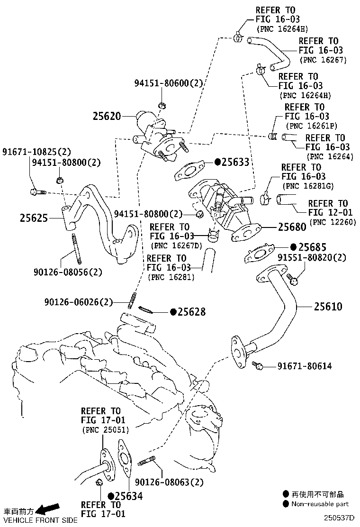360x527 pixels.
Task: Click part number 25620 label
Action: pyautogui.click(x=107, y=116)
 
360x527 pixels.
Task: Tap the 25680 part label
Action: pyautogui.click(x=292, y=227)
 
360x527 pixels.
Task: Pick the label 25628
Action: pyautogui.click(x=192, y=312)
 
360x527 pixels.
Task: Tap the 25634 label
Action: pyautogui.click(x=128, y=496)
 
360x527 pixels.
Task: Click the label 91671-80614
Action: pyautogui.click(x=304, y=366)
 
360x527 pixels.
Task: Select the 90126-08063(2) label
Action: pyautogui.click(x=169, y=482)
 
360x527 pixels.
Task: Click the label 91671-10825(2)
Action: pyautogui.click(x=36, y=152)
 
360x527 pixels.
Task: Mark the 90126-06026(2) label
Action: pyautogui.click(x=79, y=302)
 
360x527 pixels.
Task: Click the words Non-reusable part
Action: pyautogui.click(x=320, y=504)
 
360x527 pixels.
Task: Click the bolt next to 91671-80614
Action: pyautogui.click(x=257, y=365)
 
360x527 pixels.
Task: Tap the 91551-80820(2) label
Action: pyautogui.click(x=312, y=258)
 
